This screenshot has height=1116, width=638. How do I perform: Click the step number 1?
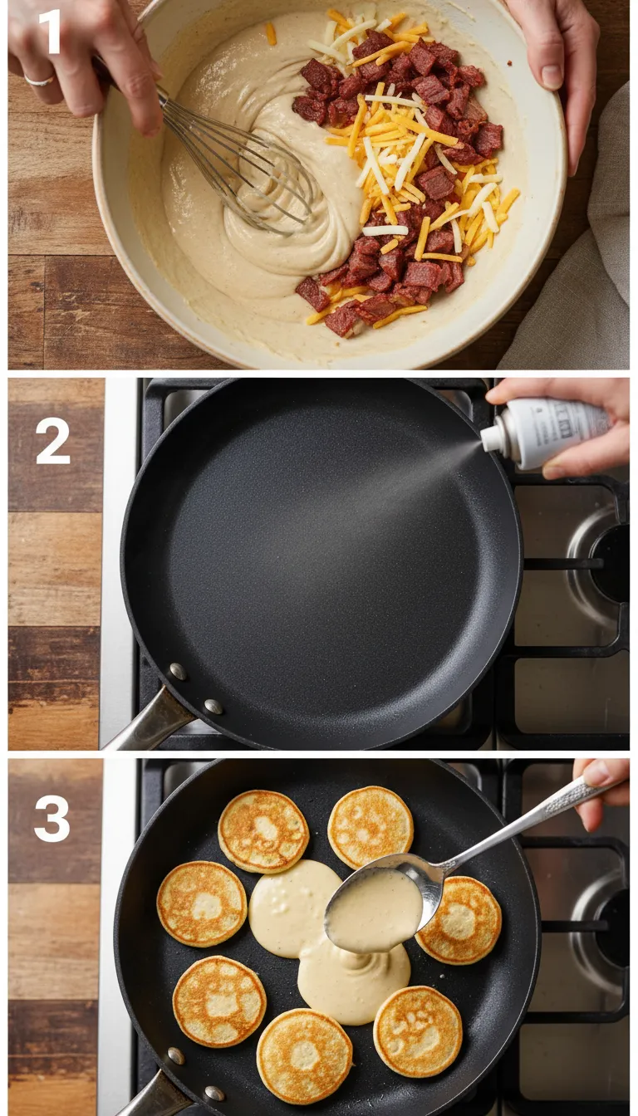pyautogui.click(x=50, y=32)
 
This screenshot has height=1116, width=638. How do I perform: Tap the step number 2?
pyautogui.click(x=52, y=440)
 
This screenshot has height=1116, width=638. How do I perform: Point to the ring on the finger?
pyautogui.click(x=39, y=81)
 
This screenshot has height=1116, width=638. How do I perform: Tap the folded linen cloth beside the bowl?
pyautogui.click(x=582, y=274)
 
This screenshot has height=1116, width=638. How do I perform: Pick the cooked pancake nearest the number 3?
pyautogui.click(x=202, y=903)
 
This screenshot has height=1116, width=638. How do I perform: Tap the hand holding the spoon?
pyautogui.click(x=605, y=789)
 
